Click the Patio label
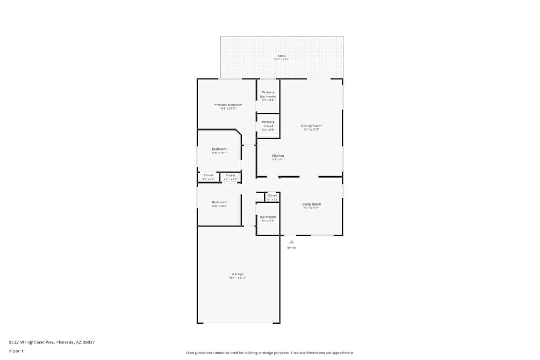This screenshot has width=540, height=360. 281,56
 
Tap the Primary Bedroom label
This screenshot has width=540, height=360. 228,105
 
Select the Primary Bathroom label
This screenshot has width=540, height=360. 268,94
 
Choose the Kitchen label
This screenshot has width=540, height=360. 278,156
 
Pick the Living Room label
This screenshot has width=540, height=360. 311,204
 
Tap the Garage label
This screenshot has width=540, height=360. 238,274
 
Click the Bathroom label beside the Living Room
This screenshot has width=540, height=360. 268,217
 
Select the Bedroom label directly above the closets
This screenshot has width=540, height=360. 219,149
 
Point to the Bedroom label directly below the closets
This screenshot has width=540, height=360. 219,202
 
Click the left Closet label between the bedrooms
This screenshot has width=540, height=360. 208,175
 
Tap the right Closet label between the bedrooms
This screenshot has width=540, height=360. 231,175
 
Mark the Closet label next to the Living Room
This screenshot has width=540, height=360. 272,195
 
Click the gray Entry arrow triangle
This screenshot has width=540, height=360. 292,242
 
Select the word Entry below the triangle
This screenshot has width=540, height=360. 292,248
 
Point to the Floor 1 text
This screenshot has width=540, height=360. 16,351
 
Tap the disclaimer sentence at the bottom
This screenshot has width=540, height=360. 270,353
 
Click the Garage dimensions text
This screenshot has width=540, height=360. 238,278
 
